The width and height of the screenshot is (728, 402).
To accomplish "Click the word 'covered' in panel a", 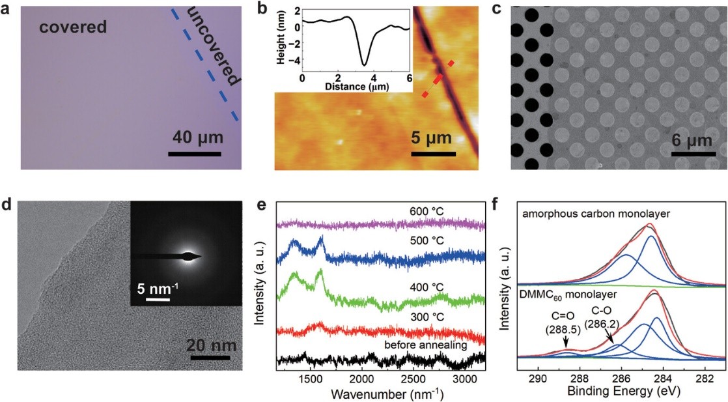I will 72,28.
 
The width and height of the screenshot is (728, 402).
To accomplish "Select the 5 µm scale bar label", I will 432,138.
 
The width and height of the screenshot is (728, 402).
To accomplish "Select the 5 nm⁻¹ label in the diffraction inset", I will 158,287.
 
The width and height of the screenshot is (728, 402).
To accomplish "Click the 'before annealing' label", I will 426,345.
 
